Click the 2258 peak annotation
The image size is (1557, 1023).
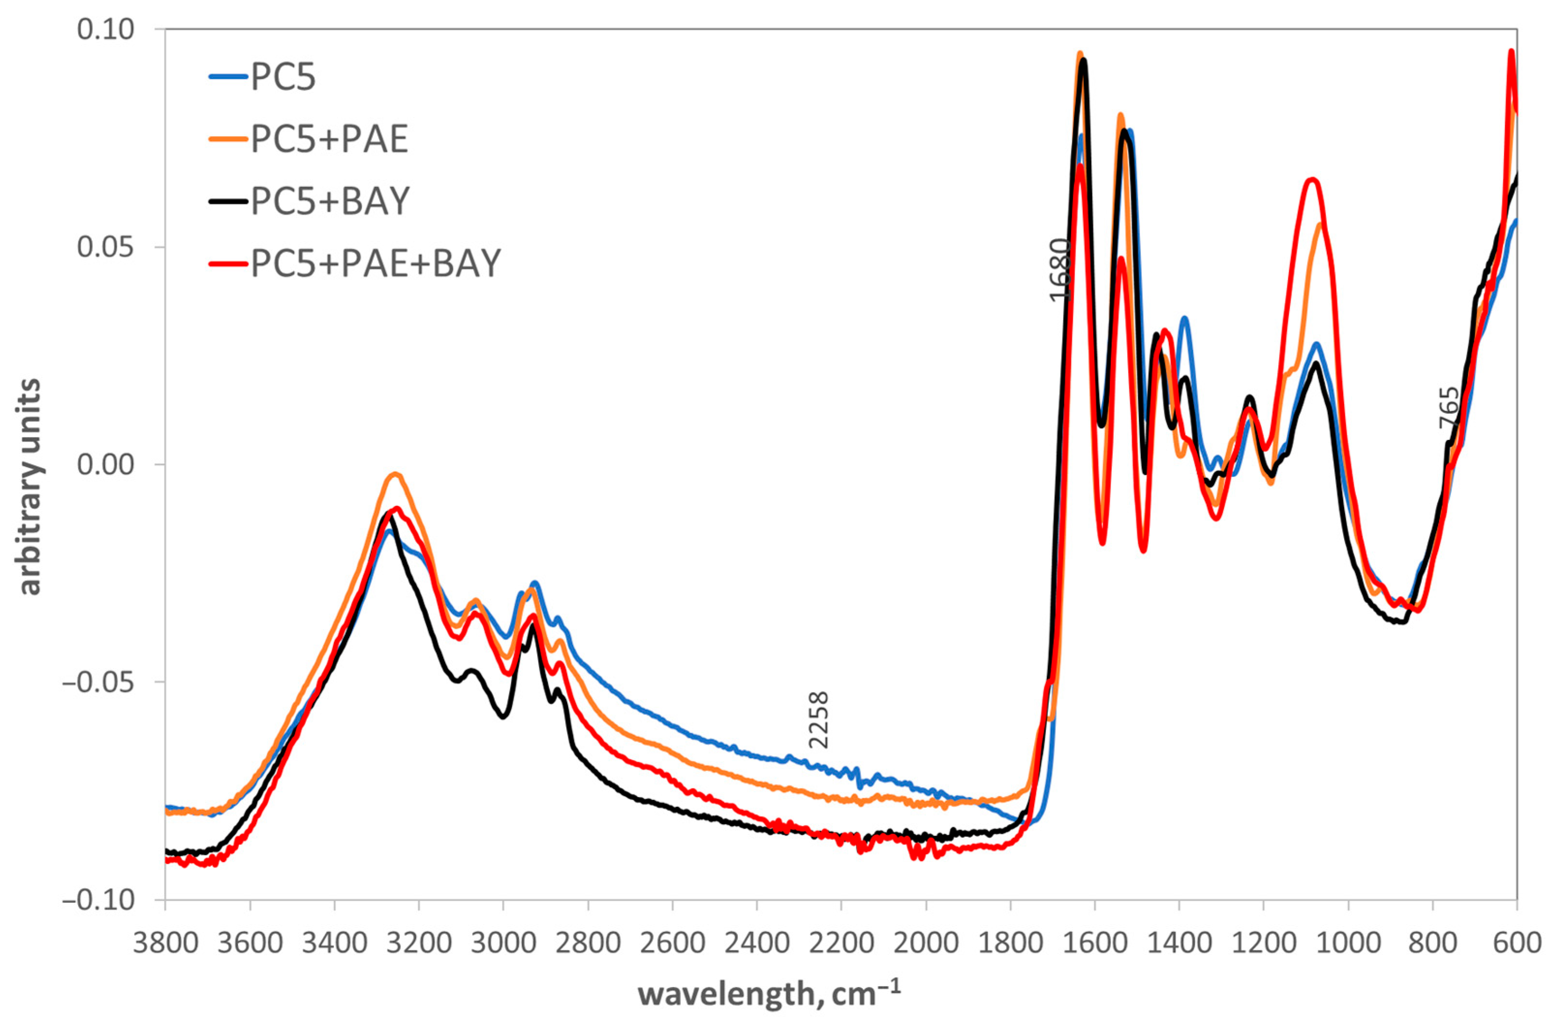[818, 719]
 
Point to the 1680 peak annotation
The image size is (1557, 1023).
[1059, 269]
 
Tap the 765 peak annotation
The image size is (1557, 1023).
[1449, 408]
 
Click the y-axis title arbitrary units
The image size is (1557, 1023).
[30, 487]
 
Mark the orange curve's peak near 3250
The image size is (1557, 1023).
[395, 474]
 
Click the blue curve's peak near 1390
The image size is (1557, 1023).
[1184, 318]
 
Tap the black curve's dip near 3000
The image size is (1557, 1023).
[502, 717]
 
